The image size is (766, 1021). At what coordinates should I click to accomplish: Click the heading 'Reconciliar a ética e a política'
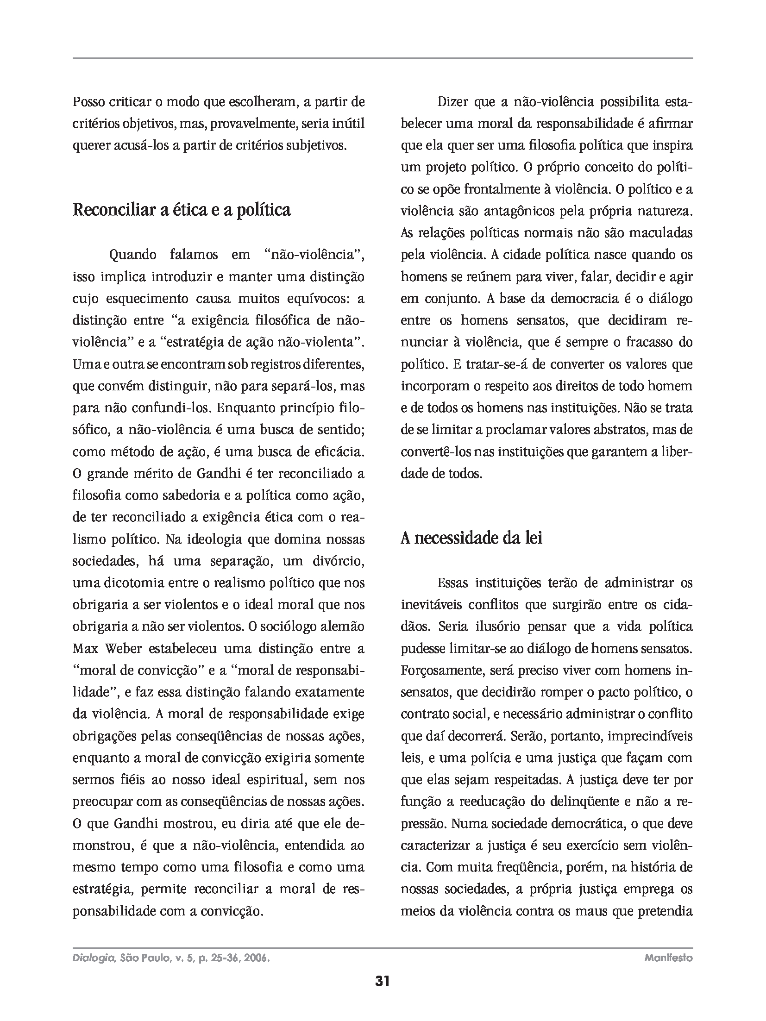coord(182,210)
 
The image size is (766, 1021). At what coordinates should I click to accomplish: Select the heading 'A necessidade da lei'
coord(471,539)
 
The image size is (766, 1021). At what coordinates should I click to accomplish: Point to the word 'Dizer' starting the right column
coord(452,102)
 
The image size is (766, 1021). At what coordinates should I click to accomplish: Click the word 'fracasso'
coord(643,342)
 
